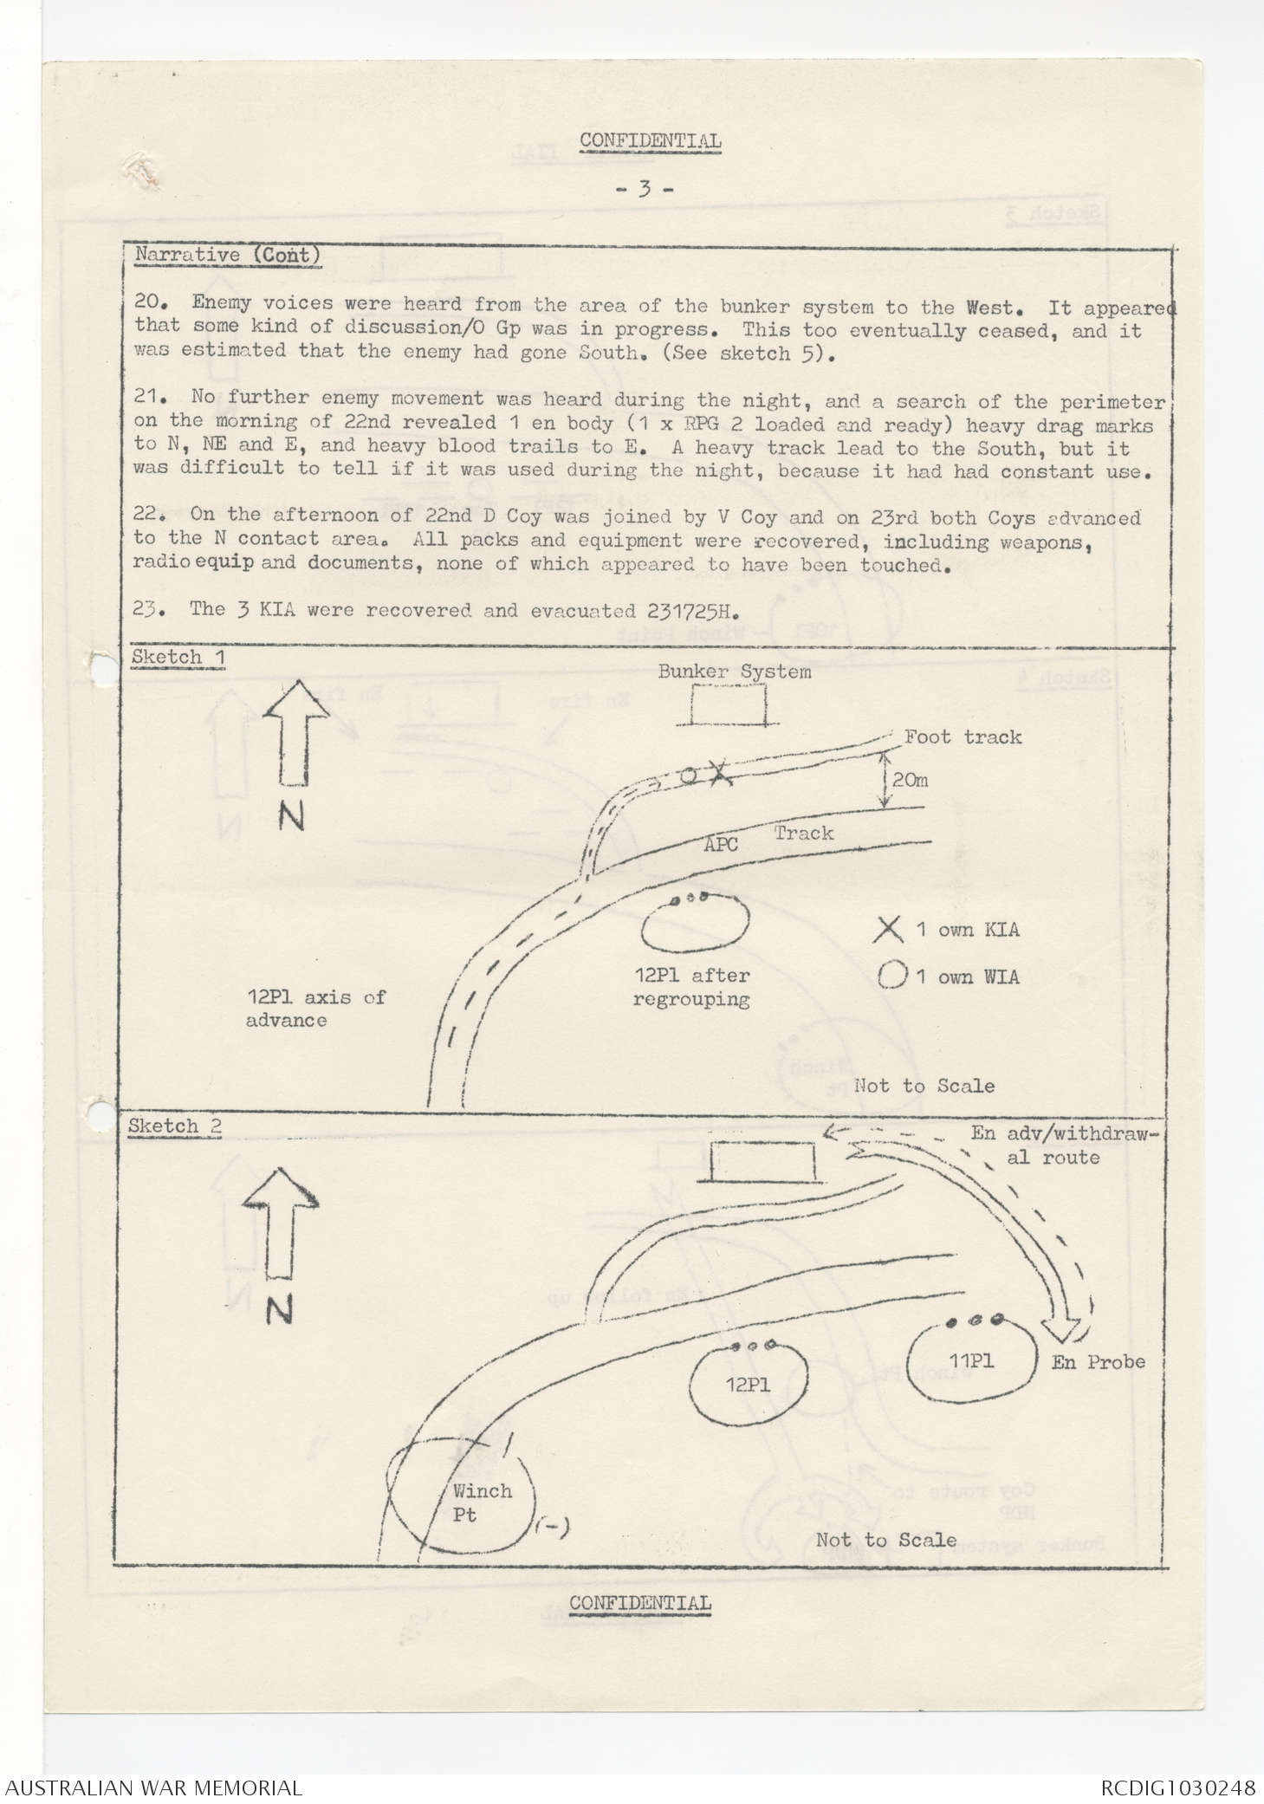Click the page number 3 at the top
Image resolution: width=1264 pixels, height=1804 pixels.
pos(643,188)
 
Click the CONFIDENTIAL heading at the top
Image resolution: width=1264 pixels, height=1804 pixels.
pos(650,140)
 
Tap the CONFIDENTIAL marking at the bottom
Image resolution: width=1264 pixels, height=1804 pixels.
pos(639,1602)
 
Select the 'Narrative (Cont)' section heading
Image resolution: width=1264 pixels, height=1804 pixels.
pos(228,256)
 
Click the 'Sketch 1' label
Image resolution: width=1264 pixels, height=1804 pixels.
pos(178,658)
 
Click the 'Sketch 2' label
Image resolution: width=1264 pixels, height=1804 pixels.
pos(174,1126)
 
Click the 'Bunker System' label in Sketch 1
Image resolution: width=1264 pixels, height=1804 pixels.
pos(734,672)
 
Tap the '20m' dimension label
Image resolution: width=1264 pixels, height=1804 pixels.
pos(910,780)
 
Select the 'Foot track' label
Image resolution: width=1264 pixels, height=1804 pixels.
pos(963,737)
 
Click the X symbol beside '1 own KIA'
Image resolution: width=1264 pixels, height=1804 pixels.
pos(888,930)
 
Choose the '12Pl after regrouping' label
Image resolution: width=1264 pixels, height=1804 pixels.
pos(691,987)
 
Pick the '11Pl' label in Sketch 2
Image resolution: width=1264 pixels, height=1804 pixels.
pos(970,1360)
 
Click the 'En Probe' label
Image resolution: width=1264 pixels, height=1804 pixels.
pos(1098,1361)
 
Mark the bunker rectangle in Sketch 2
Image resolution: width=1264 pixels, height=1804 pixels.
pos(763,1160)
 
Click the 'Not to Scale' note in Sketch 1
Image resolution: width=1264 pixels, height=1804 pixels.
pos(924,1086)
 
